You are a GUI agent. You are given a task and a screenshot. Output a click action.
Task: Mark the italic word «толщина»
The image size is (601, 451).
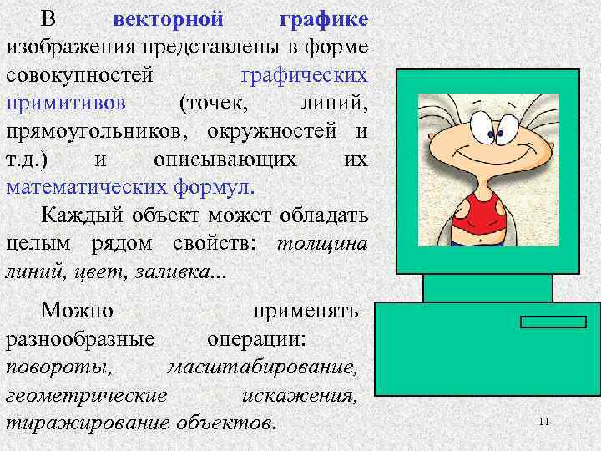[x=321, y=245]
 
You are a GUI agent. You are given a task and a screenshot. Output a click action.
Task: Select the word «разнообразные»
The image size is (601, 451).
[x=80, y=340]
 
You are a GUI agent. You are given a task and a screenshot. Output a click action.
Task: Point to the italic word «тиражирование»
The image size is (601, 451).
[x=88, y=423]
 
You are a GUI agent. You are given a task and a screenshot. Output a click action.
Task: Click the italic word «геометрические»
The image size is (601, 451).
[x=87, y=395]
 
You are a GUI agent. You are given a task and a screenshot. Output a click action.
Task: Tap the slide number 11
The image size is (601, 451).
[x=543, y=422]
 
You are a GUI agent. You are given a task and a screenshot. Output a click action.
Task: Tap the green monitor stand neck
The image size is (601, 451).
[x=487, y=287]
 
